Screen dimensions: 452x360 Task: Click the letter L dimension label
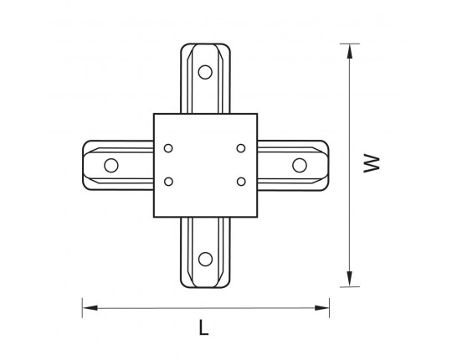[203, 327]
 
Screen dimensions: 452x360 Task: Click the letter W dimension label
[372, 163]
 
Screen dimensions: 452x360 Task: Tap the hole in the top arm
[205, 72]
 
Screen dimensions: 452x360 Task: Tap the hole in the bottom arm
[205, 260]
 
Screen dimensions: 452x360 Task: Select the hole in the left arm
[111, 166]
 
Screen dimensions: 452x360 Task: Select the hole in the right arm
[300, 166]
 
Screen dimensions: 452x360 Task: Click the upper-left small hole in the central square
[168, 148]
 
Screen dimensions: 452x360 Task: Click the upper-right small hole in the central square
[241, 148]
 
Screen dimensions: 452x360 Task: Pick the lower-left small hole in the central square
[168, 182]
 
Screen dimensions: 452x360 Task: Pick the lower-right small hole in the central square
[241, 182]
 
